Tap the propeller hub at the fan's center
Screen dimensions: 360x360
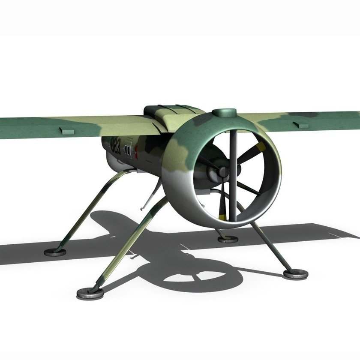(x=222, y=172)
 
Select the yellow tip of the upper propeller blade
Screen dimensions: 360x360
(x=257, y=149)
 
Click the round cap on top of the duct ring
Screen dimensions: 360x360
(x=225, y=114)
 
